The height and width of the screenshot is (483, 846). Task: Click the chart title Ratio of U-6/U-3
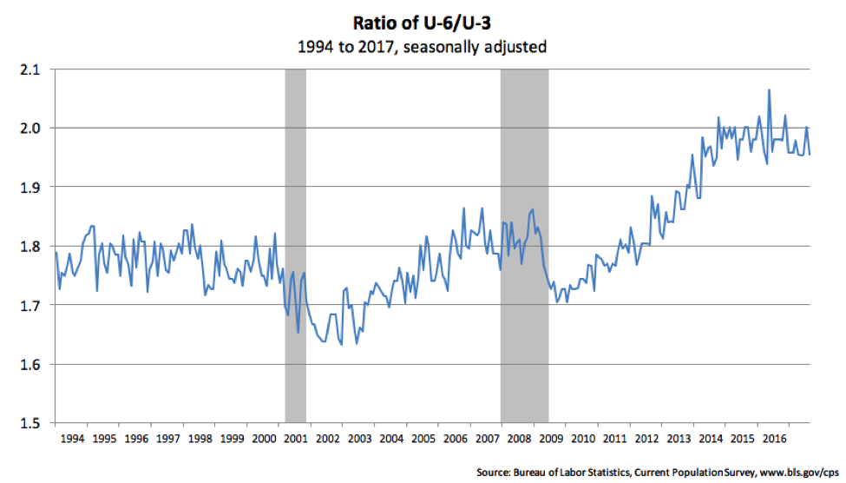423,21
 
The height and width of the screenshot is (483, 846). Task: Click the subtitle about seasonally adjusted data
423,46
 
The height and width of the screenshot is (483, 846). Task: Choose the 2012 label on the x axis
647,440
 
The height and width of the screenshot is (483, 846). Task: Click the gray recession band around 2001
295,261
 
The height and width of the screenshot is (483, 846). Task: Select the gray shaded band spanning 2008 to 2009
524,261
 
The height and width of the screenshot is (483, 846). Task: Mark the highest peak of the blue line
769,90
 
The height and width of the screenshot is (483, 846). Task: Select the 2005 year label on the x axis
423,440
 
